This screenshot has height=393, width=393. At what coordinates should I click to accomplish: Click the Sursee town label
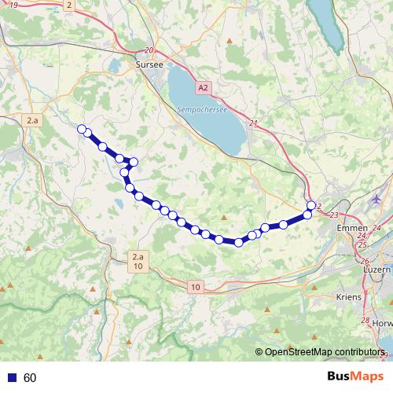pyautogui.click(x=149, y=65)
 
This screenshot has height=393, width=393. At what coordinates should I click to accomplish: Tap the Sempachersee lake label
pyautogui.click(x=202, y=110)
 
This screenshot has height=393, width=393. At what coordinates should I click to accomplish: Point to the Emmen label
pyautogui.click(x=346, y=228)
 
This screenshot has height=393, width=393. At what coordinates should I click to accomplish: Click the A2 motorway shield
pyautogui.click(x=204, y=87)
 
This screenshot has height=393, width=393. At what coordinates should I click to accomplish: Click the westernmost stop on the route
pyautogui.click(x=81, y=128)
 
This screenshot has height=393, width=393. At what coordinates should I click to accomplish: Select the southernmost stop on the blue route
pyautogui.click(x=238, y=242)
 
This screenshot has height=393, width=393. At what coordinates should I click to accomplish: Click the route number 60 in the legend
pyautogui.click(x=30, y=378)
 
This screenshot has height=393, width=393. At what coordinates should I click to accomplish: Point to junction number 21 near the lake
pyautogui.click(x=252, y=123)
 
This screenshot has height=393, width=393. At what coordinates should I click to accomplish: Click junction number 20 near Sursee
pyautogui.click(x=149, y=50)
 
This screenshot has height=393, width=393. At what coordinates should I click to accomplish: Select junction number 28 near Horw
pyautogui.click(x=365, y=321)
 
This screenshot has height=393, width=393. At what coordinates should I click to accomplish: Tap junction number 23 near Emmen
pyautogui.click(x=335, y=215)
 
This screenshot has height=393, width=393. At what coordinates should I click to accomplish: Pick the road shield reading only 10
pyautogui.click(x=194, y=288)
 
